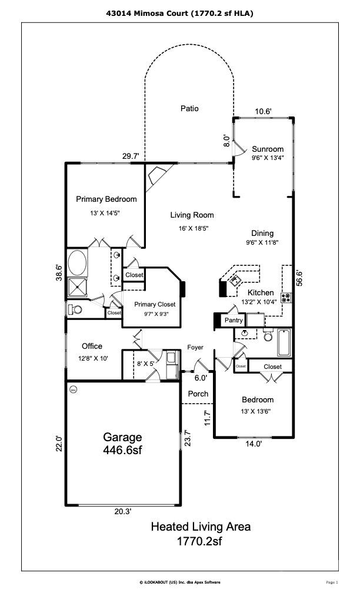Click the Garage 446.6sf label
[122, 444]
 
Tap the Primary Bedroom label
[106, 199]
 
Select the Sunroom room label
[268, 149]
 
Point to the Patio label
[189, 108]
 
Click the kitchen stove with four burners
[286, 297]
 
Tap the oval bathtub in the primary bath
[77, 263]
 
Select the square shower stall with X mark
[77, 288]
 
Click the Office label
[92, 347]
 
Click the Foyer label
[195, 347]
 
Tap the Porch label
[198, 394]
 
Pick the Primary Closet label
[155, 304]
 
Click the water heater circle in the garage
[74, 389]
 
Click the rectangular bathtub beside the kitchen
[284, 342]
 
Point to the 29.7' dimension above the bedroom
[131, 156]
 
